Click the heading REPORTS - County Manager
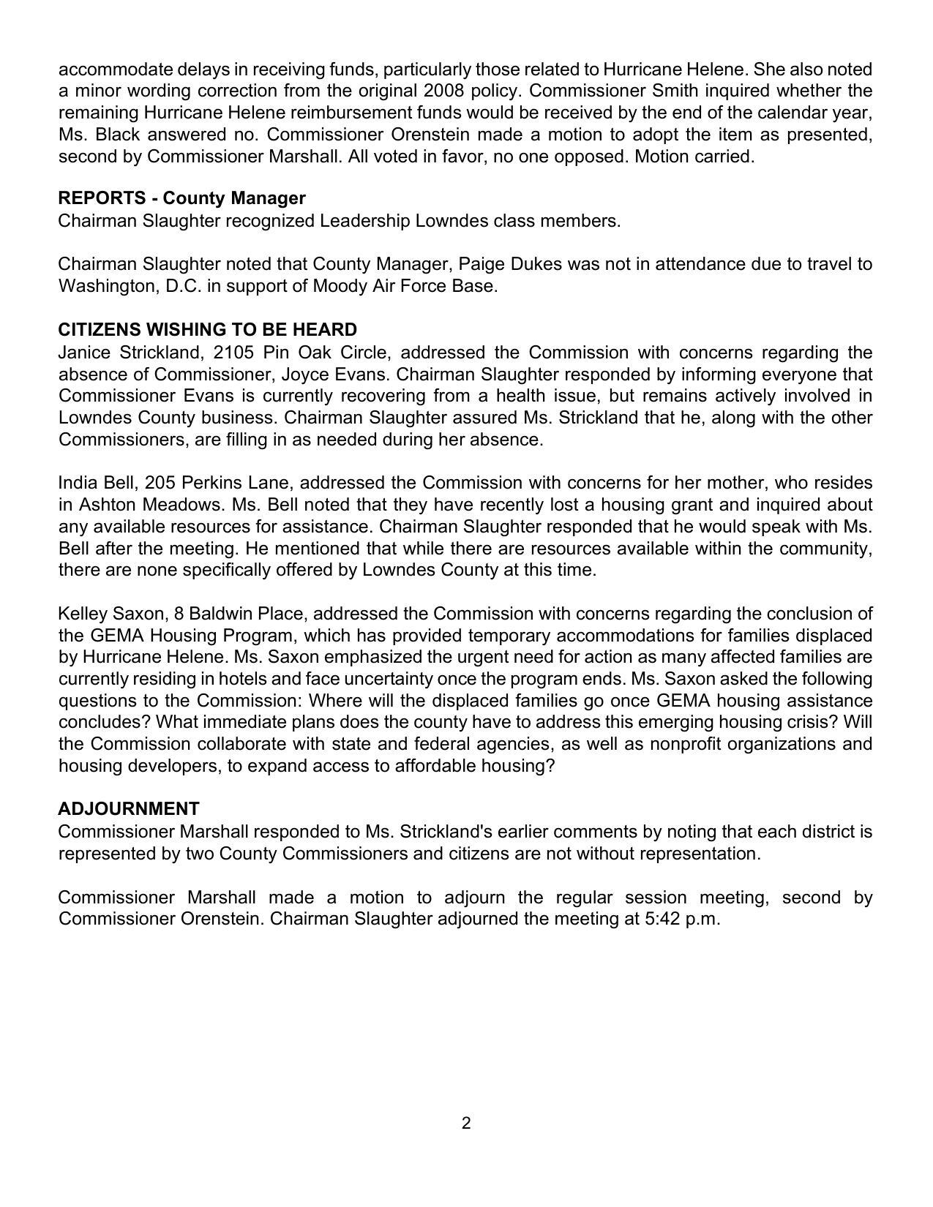(181, 198)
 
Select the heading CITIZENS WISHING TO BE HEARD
(207, 329)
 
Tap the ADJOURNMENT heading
(128, 808)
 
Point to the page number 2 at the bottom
(466, 1123)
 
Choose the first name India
(78, 483)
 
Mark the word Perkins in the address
(214, 483)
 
